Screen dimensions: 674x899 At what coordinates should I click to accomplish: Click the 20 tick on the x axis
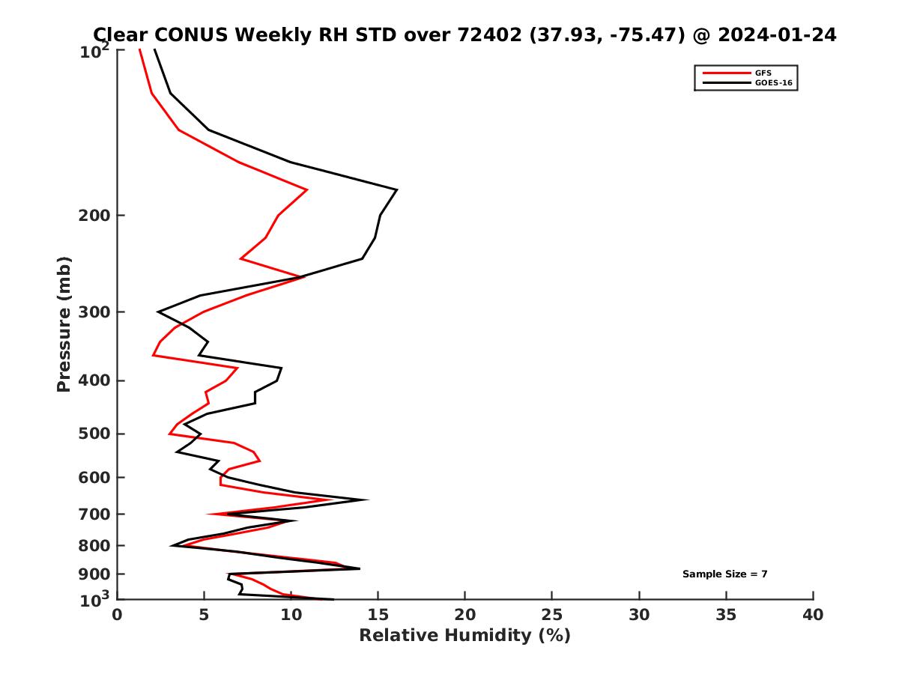465,616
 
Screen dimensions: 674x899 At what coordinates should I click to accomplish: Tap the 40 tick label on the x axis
813,616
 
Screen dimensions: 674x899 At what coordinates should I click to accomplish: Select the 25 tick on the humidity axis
552,616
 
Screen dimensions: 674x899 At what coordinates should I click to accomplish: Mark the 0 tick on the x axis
118,616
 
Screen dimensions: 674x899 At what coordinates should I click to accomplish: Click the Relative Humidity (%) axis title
464,636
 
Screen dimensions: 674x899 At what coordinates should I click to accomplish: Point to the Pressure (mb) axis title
64,324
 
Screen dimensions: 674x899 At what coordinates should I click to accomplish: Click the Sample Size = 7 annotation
724,574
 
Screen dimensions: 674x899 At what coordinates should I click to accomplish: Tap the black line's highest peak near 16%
396,189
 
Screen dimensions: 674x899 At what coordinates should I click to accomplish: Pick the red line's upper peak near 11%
307,190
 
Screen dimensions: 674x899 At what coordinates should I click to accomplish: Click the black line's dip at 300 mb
158,312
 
